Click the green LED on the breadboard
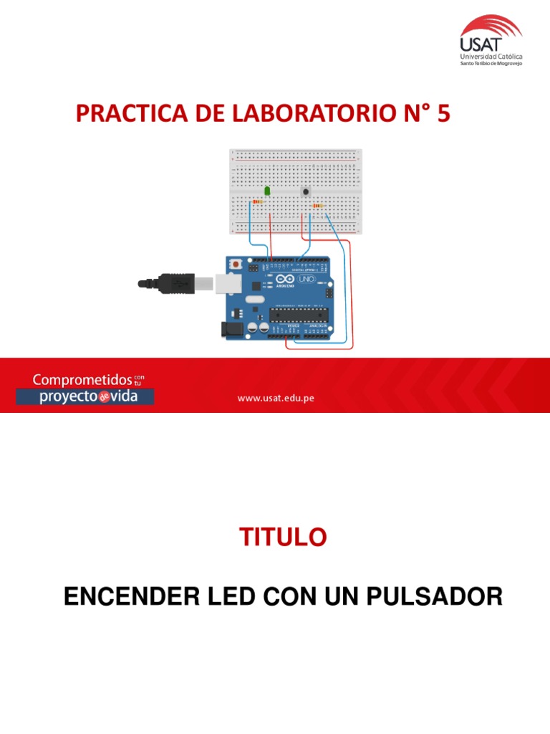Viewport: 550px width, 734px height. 267,191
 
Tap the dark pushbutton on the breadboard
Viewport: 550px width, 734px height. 306,191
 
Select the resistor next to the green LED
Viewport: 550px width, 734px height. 257,202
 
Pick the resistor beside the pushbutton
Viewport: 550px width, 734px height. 317,206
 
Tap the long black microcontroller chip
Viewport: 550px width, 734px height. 298,315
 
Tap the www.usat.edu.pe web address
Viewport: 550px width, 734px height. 276,399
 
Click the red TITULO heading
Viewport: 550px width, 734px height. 282,537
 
